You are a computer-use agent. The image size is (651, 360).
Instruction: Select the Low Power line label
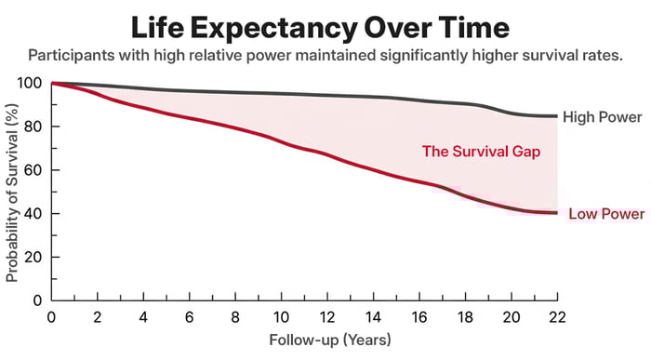click(606, 215)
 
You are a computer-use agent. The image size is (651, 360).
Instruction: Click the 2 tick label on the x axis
click(97, 316)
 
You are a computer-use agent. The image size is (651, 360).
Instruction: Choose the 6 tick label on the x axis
click(189, 316)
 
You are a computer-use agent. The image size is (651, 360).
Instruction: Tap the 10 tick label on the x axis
click(281, 316)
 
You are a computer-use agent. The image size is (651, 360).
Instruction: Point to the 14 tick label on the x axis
click(373, 316)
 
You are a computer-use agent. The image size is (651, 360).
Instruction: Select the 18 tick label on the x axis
click(465, 316)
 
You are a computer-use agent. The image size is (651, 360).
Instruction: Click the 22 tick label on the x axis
click(556, 316)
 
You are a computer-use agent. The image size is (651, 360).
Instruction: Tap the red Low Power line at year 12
click(326, 154)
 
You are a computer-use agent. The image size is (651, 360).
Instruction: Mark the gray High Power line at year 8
click(235, 93)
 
